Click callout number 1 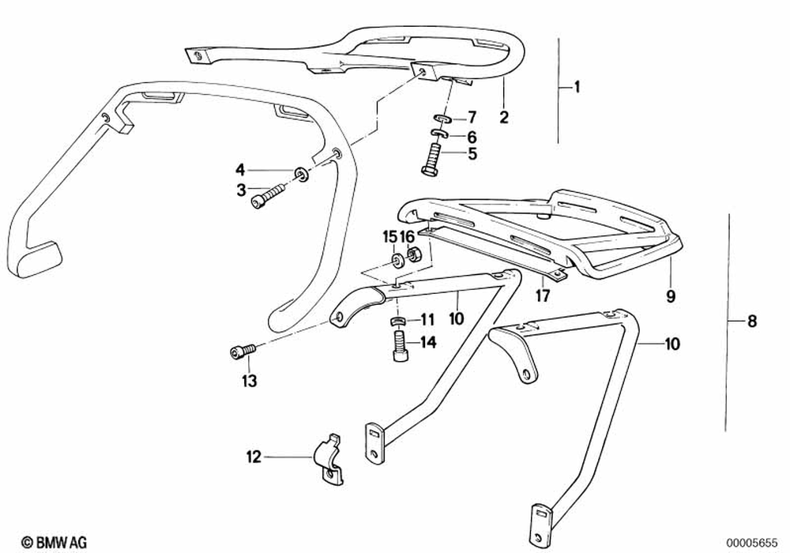click(x=577, y=87)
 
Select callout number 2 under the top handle click(x=503, y=118)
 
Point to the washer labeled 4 click(x=301, y=173)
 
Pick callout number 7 click(x=472, y=118)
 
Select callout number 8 click(x=751, y=322)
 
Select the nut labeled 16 click(x=412, y=256)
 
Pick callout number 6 click(x=472, y=136)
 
